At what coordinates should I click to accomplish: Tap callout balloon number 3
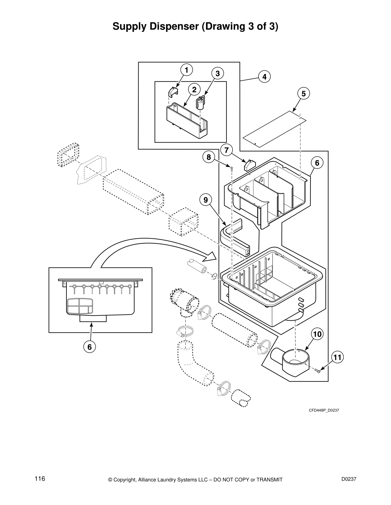[218, 73]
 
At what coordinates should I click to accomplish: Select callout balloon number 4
[264, 77]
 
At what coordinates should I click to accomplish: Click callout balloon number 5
[303, 94]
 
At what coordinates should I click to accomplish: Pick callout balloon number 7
[226, 150]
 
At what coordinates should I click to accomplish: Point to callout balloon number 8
[209, 157]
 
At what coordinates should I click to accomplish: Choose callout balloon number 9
[205, 200]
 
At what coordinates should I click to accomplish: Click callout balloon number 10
[317, 334]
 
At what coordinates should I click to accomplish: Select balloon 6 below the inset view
[90, 347]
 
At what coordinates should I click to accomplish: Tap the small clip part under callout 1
[172, 92]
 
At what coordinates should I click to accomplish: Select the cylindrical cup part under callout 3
[200, 103]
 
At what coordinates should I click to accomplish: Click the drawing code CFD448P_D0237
[323, 410]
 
